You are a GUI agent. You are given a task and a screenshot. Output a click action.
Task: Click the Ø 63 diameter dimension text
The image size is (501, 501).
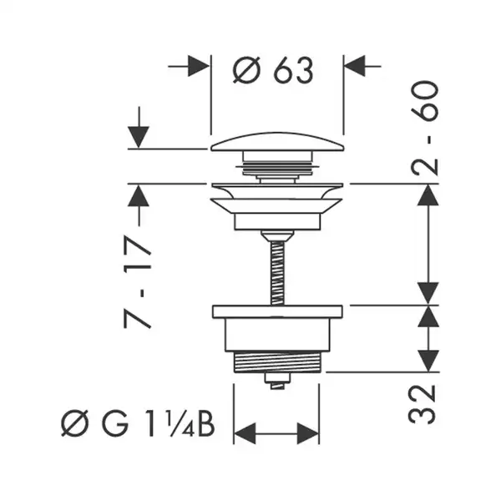click(x=273, y=70)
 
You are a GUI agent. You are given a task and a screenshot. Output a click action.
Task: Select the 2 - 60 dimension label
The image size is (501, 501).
click(x=425, y=128)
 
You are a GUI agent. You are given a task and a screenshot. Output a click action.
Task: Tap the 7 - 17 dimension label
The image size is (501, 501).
click(x=138, y=282)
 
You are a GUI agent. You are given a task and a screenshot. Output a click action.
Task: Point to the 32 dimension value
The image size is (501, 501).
click(x=423, y=404)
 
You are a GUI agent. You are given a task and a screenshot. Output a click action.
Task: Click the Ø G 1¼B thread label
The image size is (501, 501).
click(x=138, y=423)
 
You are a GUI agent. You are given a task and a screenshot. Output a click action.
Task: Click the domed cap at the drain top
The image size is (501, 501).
click(x=277, y=142)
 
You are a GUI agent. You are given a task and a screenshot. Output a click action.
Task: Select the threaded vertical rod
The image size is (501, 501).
click(x=277, y=273)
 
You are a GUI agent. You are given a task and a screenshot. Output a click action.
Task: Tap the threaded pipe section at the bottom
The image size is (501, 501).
click(x=277, y=362)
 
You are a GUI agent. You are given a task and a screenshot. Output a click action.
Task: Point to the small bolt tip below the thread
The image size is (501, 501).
click(x=277, y=382)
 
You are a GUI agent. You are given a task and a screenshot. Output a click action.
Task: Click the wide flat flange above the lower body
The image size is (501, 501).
click(x=277, y=311)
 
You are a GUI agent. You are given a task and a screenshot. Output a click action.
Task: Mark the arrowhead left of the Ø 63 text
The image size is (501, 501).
click(x=199, y=66)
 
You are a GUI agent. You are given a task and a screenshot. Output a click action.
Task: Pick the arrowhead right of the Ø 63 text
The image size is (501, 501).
click(x=355, y=66)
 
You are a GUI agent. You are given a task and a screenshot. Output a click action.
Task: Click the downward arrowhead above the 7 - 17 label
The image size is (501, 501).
click(x=139, y=138)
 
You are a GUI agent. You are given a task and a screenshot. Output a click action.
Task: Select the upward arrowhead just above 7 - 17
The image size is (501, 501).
click(x=139, y=195)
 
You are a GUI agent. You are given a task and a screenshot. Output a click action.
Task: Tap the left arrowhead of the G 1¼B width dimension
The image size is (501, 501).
click(x=245, y=433)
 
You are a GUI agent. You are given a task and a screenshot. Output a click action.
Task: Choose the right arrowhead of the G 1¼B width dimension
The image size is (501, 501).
click(x=308, y=433)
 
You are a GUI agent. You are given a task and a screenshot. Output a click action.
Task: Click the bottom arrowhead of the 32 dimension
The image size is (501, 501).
click(x=428, y=361)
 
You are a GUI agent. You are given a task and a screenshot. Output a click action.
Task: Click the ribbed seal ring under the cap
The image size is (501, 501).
click(x=277, y=168)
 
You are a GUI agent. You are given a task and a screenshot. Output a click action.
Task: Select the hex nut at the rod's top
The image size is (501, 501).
click(x=277, y=235)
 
